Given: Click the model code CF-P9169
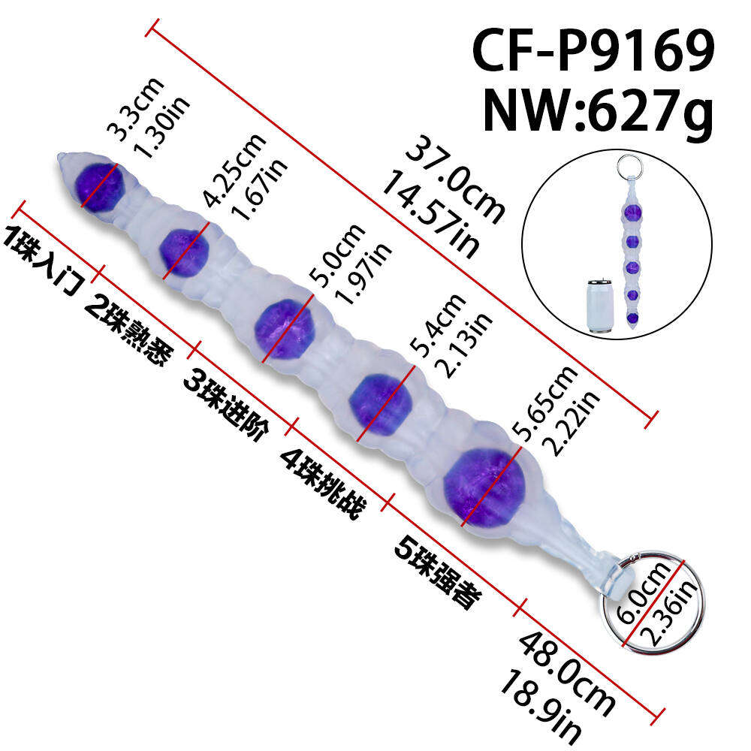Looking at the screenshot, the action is pyautogui.click(x=593, y=50).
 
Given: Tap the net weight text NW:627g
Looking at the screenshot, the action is pyautogui.click(x=599, y=112).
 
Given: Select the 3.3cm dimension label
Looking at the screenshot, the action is pyautogui.click(x=134, y=109).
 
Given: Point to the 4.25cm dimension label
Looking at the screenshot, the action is pyautogui.click(x=234, y=170).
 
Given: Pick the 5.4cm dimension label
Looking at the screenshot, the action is pyautogui.click(x=439, y=325).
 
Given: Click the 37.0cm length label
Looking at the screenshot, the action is pyautogui.click(x=455, y=180).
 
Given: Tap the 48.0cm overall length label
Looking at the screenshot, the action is pyautogui.click(x=566, y=674).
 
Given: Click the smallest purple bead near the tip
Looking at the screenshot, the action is pyautogui.click(x=100, y=187).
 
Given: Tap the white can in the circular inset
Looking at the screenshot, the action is pyautogui.click(x=599, y=306).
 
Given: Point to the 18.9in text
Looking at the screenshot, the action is pyautogui.click(x=541, y=707).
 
